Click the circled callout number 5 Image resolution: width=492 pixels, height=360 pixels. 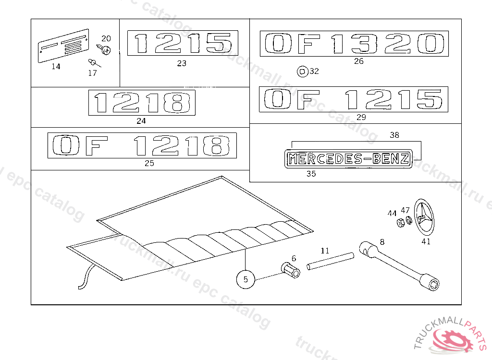[x=246, y=279]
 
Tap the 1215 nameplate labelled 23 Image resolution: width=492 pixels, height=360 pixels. [x=183, y=43]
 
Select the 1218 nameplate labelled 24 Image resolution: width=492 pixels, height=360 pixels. [x=142, y=103]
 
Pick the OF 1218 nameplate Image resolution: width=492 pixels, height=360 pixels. [x=142, y=145]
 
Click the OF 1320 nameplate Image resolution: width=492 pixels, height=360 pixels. [x=354, y=44]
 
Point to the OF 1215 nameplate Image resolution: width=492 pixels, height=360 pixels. [x=354, y=99]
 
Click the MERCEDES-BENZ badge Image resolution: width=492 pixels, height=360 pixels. [x=349, y=159]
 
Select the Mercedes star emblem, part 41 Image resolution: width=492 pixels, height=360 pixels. [x=424, y=216]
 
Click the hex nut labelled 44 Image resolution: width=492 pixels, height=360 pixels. [x=401, y=223]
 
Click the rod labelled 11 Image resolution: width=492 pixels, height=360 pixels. [x=331, y=261]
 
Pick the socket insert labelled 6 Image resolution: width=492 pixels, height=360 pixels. [x=291, y=270]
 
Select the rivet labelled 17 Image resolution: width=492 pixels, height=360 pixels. [x=94, y=63]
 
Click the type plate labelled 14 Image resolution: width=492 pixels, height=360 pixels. [x=63, y=46]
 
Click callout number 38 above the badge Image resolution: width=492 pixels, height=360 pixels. [x=394, y=135]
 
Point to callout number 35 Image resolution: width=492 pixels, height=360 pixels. [x=311, y=174]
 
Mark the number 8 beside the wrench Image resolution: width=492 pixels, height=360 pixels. [x=382, y=242]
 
